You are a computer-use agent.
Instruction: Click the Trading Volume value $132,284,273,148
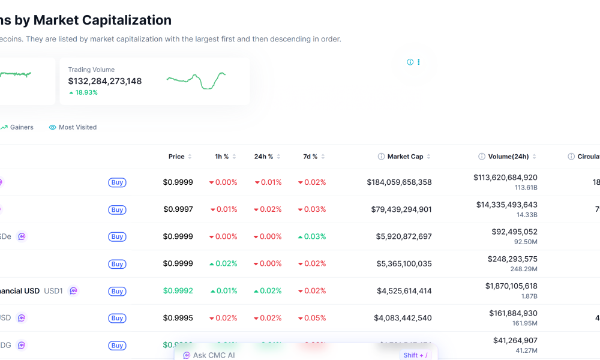tap(105, 81)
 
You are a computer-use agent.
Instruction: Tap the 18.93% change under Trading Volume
tap(83, 92)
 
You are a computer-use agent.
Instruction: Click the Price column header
tap(176, 157)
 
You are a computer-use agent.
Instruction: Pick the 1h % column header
tap(222, 157)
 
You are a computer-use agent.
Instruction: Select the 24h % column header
tap(264, 157)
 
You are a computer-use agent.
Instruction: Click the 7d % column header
tap(311, 157)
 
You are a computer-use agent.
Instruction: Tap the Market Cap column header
tap(405, 157)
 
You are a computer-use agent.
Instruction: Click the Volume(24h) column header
tap(508, 157)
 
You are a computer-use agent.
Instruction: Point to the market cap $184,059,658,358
tap(399, 182)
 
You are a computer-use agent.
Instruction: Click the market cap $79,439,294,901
tap(401, 209)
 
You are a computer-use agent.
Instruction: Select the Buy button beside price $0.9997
tap(117, 210)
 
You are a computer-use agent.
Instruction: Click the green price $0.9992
tap(178, 291)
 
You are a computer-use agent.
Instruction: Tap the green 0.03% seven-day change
tap(312, 236)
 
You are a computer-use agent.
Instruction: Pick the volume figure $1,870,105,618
tap(511, 286)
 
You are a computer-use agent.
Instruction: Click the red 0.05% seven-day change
tap(312, 318)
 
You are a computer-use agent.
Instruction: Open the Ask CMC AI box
tap(214, 355)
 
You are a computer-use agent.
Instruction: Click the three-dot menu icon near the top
tap(419, 62)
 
